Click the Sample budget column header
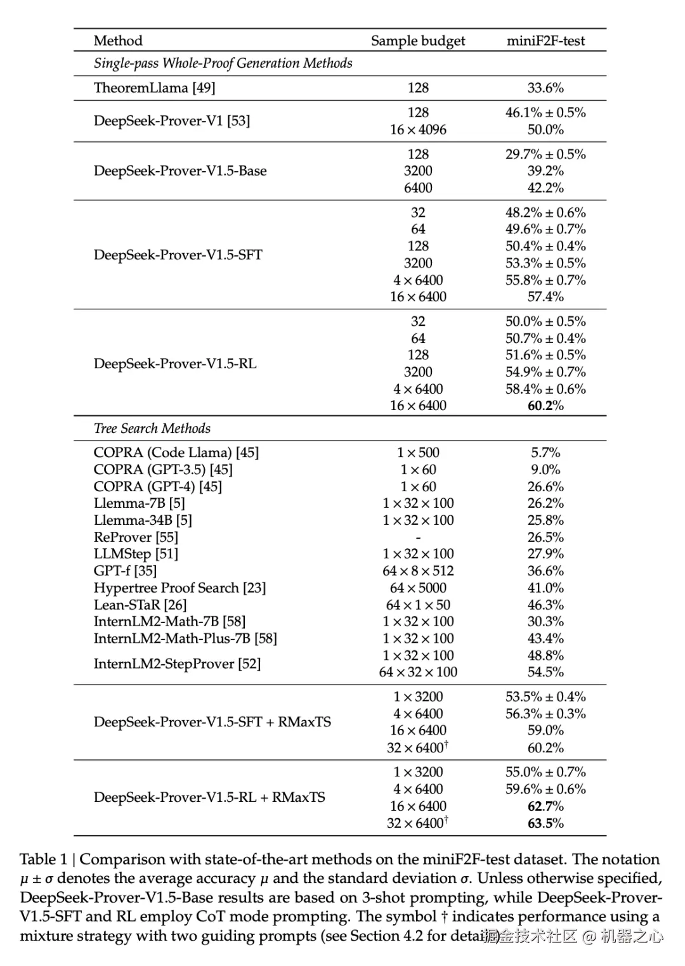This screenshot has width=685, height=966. click(x=417, y=41)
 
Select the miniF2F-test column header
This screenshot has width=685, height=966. click(x=545, y=41)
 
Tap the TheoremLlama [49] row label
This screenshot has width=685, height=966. click(x=154, y=87)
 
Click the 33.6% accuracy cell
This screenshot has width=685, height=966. click(x=545, y=87)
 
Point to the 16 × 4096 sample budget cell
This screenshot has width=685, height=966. click(x=418, y=129)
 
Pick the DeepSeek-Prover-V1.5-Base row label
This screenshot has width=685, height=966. click(x=180, y=171)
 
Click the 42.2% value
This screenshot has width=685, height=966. click(x=545, y=188)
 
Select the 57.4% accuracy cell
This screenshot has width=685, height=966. click(x=545, y=297)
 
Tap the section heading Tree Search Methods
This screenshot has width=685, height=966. click(x=152, y=428)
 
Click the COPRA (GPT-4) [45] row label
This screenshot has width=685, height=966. click(x=158, y=486)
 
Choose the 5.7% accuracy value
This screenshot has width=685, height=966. click(x=545, y=453)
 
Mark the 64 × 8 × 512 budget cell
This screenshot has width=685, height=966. click(x=418, y=570)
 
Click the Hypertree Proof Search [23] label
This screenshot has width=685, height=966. click(x=179, y=588)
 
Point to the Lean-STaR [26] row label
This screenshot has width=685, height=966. click(x=140, y=605)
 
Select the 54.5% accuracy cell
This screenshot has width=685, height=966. click(x=545, y=672)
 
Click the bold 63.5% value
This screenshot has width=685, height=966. click(x=545, y=823)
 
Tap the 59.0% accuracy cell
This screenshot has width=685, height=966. click(x=545, y=730)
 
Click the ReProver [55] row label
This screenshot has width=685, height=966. click(x=136, y=537)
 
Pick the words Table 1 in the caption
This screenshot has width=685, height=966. click(x=43, y=860)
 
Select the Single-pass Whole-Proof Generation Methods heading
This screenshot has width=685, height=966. click(x=223, y=63)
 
